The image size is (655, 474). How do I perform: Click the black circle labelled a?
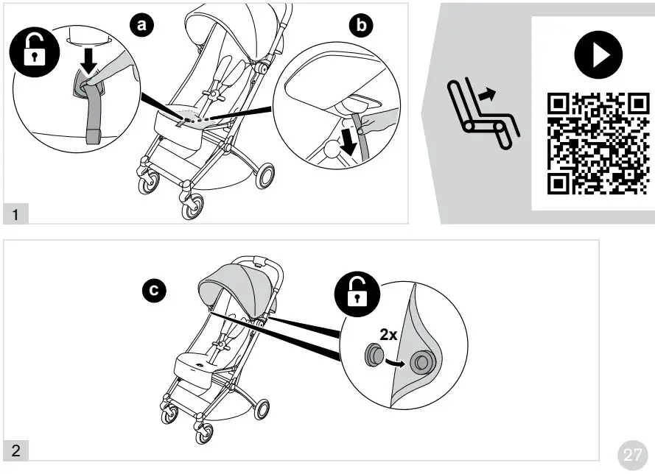coord(142,24)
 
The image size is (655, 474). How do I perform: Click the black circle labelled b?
coord(360,26)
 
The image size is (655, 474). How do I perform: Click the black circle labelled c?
coord(153,292)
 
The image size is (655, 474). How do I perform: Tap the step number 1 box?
coord(15,214)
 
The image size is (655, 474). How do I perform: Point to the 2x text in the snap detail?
coord(388,334)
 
